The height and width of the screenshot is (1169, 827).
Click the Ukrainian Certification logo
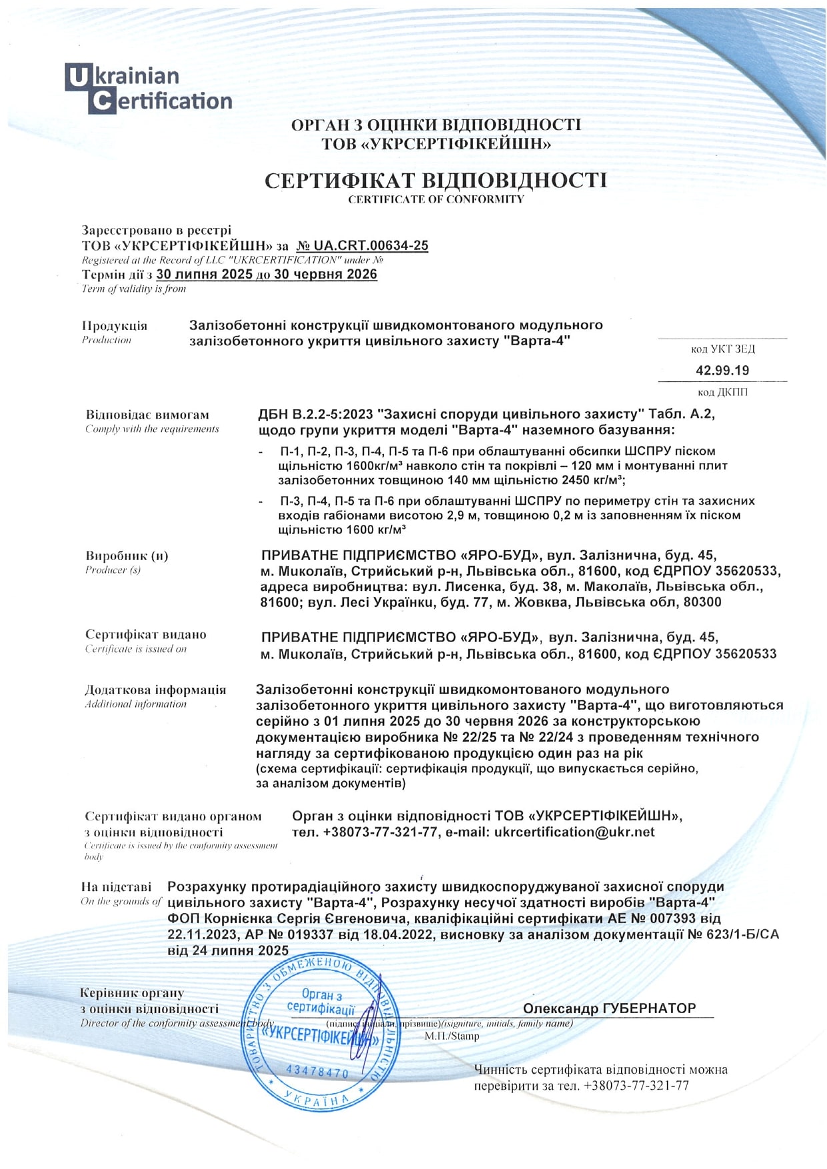148,88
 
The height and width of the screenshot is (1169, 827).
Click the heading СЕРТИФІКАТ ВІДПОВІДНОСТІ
436,181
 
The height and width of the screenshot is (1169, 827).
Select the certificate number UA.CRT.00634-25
362,245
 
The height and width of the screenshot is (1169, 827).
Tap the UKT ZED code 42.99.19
722,371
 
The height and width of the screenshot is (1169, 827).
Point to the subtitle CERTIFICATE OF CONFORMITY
436,199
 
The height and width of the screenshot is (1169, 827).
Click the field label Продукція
114,326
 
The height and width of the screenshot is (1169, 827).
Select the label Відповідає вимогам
147,415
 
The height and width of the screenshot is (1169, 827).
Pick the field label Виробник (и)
127,556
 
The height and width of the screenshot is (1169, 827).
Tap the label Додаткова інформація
155,690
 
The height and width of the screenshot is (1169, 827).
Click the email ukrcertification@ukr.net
574,832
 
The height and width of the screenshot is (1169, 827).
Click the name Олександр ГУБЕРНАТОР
609,1008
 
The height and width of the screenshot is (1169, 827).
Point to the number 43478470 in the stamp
317,1071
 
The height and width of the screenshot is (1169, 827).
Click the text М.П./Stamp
452,1036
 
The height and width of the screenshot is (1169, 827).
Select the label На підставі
116,887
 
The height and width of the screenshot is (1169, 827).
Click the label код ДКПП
722,392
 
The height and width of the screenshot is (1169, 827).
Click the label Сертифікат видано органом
173,816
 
